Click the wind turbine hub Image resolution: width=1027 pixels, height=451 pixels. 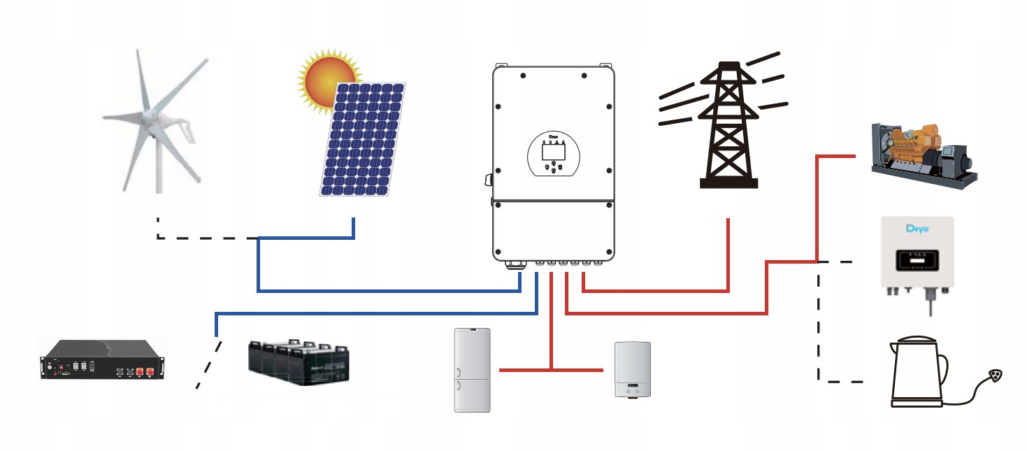point(149,115)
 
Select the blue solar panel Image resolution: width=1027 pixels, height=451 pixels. point(362,140)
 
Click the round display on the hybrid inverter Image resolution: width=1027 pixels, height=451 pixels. point(553,154)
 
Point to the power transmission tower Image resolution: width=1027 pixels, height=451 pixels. point(728,126)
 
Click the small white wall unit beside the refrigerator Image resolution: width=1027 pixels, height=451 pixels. point(633,369)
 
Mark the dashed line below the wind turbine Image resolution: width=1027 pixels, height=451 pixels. point(203,238)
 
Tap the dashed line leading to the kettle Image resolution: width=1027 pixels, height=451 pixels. point(819,329)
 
